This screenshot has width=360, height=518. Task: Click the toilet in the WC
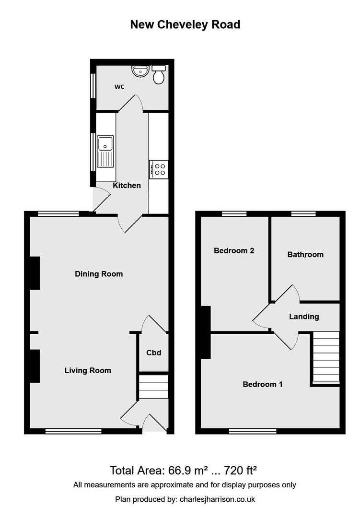click(x=159, y=75)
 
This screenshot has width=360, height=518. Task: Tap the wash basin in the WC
click(x=139, y=71)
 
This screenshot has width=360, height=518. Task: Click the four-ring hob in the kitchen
click(x=159, y=169)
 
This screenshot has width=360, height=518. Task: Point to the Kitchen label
click(x=127, y=185)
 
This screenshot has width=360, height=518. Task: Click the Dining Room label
click(x=99, y=274)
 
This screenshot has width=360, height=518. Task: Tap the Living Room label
click(x=88, y=370)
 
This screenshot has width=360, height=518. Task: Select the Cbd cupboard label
click(x=153, y=353)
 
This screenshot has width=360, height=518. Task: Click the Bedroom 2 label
click(x=234, y=250)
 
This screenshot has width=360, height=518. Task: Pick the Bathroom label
click(x=305, y=254)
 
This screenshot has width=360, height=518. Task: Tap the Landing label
click(x=304, y=317)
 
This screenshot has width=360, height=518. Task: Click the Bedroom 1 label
click(x=263, y=384)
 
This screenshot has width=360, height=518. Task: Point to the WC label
click(x=119, y=87)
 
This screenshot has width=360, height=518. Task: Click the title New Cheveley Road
click(x=185, y=24)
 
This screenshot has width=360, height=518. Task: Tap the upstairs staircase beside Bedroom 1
click(x=326, y=357)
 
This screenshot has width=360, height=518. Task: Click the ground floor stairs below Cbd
click(x=153, y=387)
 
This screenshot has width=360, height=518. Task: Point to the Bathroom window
click(x=303, y=213)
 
